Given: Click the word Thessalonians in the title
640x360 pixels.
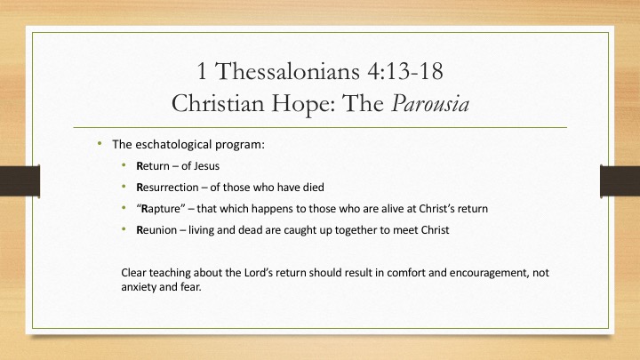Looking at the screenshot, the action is pyautogui.click(x=287, y=70).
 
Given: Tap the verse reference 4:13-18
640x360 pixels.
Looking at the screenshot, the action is pyautogui.click(x=405, y=70).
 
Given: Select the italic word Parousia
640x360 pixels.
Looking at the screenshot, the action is pyautogui.click(x=430, y=103).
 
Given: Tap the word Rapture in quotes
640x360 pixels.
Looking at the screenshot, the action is pyautogui.click(x=160, y=209).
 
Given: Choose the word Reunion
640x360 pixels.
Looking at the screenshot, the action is pyautogui.click(x=156, y=230).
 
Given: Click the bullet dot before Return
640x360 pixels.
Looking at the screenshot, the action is pyautogui.click(x=124, y=165).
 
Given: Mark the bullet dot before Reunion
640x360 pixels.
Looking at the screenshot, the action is pyautogui.click(x=124, y=229).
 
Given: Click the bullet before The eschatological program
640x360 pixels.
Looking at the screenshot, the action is pyautogui.click(x=100, y=143).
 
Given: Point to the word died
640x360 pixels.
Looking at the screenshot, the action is pyautogui.click(x=314, y=188).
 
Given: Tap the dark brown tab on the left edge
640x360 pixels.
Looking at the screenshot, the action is pyautogui.click(x=20, y=181).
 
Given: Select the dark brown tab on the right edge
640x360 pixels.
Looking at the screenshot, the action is pyautogui.click(x=620, y=181).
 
